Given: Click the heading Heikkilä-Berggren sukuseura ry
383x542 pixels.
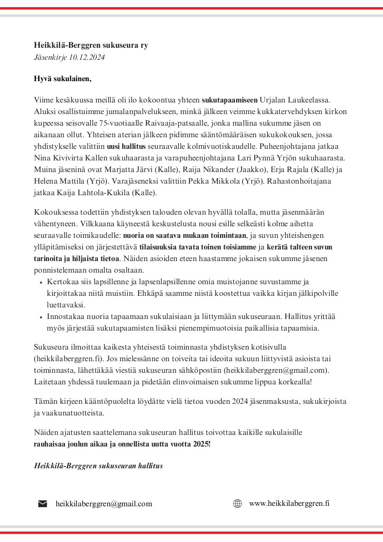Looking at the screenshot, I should click(91, 45).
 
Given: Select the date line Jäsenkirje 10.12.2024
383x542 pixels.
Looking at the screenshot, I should click(69, 57).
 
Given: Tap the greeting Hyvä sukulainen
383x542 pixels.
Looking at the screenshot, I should click(63, 79).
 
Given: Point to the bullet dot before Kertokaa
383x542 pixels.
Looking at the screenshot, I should click(41, 282).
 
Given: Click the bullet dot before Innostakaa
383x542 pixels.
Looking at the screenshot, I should click(41, 317).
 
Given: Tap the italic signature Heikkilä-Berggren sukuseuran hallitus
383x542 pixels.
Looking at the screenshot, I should click(98, 465).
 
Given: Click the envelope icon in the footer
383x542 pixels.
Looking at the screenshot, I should click(43, 504).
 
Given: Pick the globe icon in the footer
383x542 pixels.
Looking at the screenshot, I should click(238, 504).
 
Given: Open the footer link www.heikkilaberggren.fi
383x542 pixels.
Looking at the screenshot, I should click(289, 504).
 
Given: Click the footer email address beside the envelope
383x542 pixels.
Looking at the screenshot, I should click(104, 504).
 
